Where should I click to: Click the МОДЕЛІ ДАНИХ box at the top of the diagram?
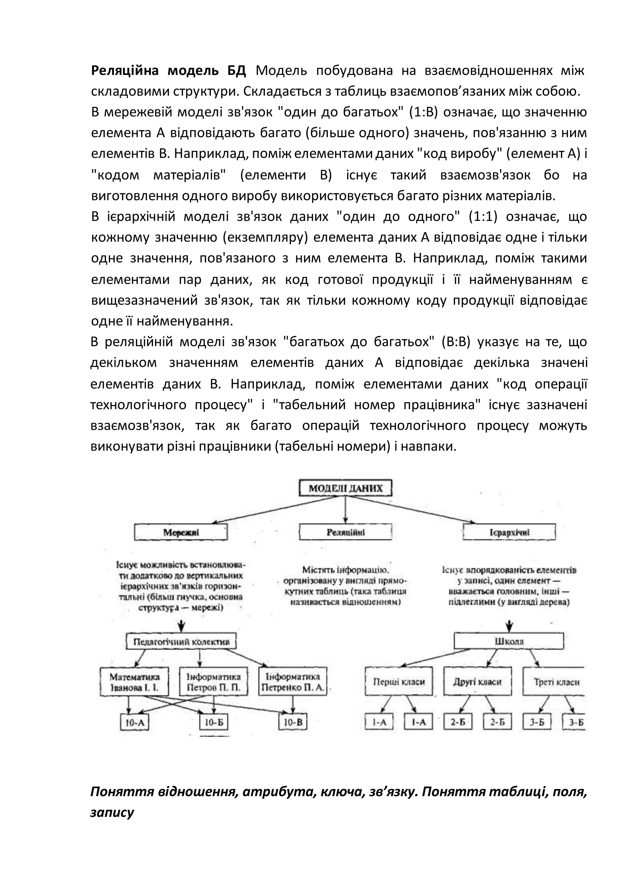(345, 488)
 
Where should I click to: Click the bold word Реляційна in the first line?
(125, 71)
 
